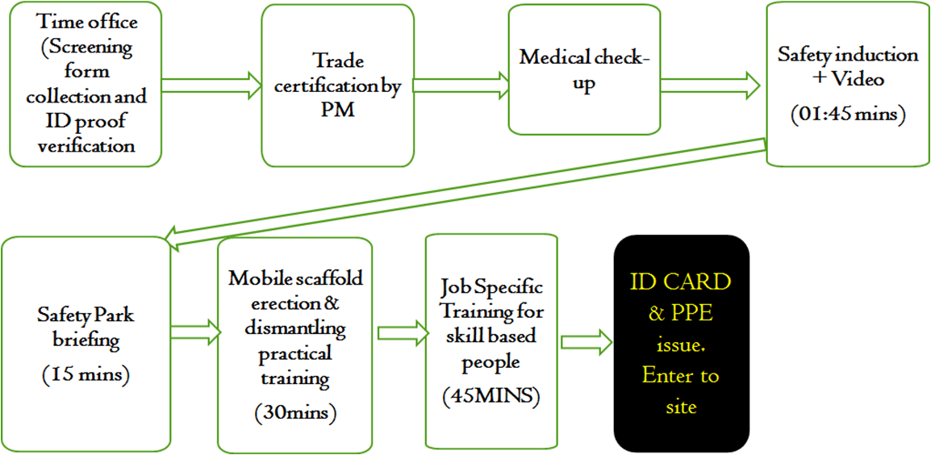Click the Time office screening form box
pos(86,84)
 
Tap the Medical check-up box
pos(583,69)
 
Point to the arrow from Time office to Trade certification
pos(211,84)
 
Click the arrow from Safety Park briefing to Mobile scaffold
pos(194,329)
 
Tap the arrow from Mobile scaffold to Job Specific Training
pos(402,329)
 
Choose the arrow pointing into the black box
pos(586,340)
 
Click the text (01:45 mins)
pos(847,115)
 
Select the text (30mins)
pos(294,412)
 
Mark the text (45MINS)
pos(491,396)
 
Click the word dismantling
pos(295,330)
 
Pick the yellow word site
pos(680,407)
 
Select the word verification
pos(86,145)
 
